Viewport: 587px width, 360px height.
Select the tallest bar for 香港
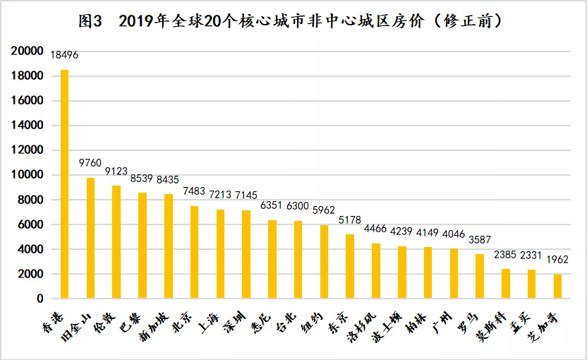point(64,184)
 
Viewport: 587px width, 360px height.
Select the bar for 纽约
point(324,261)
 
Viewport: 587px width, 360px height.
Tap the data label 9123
point(117,172)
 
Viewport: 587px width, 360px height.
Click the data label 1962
point(557,260)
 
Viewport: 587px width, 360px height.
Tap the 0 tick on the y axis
point(41,299)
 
